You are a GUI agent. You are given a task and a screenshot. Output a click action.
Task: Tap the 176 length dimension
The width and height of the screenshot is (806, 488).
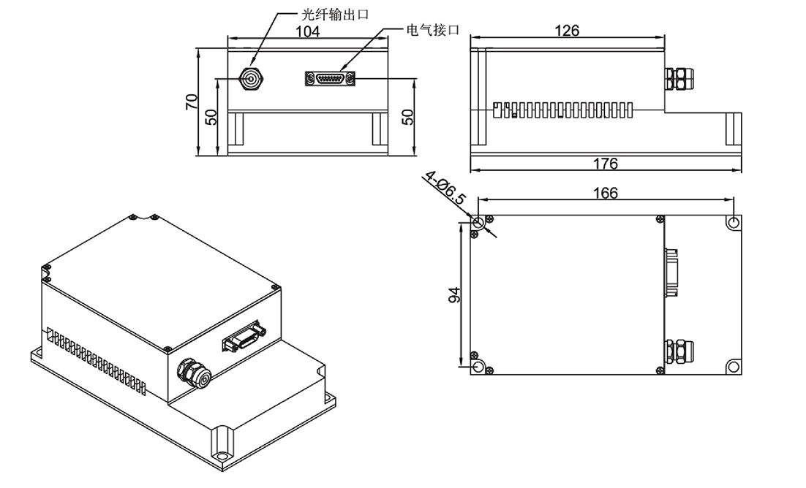pos(605,163)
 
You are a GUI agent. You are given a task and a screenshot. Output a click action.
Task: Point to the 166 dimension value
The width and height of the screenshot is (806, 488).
pos(605,194)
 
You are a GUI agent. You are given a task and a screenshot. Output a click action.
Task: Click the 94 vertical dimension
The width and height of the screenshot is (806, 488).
pos(453,295)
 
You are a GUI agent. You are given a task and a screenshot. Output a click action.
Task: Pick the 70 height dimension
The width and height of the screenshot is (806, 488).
pos(192,102)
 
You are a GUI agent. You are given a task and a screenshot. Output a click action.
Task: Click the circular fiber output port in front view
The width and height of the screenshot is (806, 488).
pos(251,79)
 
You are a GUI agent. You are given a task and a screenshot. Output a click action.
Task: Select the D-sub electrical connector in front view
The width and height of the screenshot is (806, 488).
pos(330,79)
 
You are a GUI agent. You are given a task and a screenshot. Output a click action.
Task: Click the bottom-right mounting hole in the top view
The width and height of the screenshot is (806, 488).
pos(734,366)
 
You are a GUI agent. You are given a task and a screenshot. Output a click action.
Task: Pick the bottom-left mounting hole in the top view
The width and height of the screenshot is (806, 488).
pos(478,366)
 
